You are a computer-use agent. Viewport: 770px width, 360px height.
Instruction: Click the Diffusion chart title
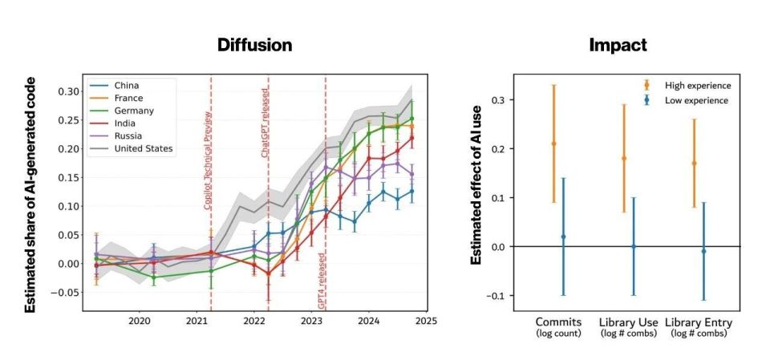pyautogui.click(x=254, y=46)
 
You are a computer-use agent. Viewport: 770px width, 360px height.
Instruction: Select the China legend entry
pyautogui.click(x=129, y=84)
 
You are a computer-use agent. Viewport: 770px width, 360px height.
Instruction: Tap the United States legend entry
pyautogui.click(x=144, y=148)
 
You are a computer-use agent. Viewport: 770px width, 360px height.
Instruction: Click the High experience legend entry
pyautogui.click(x=697, y=85)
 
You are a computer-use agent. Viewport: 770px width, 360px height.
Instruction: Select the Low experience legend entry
pyautogui.click(x=696, y=100)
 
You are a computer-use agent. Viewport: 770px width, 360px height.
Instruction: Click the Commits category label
pyautogui.click(x=558, y=323)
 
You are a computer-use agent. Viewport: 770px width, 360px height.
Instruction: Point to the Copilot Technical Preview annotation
pyautogui.click(x=208, y=160)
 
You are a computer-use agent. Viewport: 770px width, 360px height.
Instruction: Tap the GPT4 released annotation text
pyautogui.click(x=322, y=281)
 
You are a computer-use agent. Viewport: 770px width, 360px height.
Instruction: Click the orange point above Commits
pyautogui.click(x=553, y=144)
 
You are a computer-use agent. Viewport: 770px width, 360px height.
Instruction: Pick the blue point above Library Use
pyautogui.click(x=633, y=246)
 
